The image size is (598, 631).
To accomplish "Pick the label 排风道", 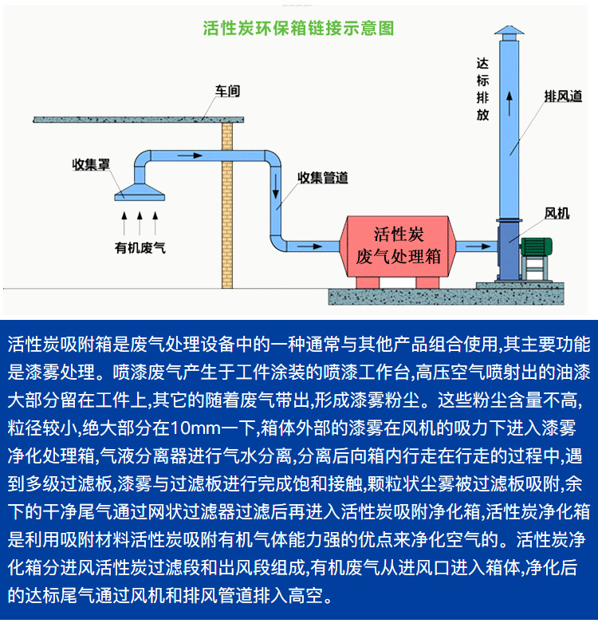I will [563, 96].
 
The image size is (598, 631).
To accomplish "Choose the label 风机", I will [557, 213].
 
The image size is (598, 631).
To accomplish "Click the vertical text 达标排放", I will [482, 89].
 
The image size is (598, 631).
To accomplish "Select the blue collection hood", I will [140, 191].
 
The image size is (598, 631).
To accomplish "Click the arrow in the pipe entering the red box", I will [317, 244].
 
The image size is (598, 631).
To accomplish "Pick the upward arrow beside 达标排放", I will [508, 100].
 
